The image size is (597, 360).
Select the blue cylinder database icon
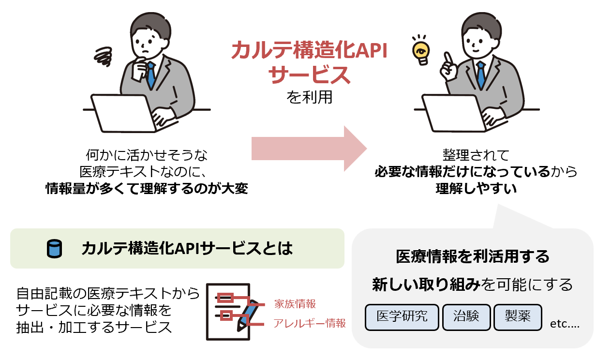(x=53, y=249)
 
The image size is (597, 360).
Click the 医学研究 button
(x=402, y=317)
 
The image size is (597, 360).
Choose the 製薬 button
(x=518, y=317)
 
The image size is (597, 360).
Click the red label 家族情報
(x=295, y=304)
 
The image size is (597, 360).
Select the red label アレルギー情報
(x=310, y=323)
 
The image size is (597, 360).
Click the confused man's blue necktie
(x=151, y=75)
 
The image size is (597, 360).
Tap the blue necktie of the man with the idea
(x=480, y=75)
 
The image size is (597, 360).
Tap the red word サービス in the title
(x=309, y=75)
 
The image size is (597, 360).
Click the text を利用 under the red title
(x=310, y=97)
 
